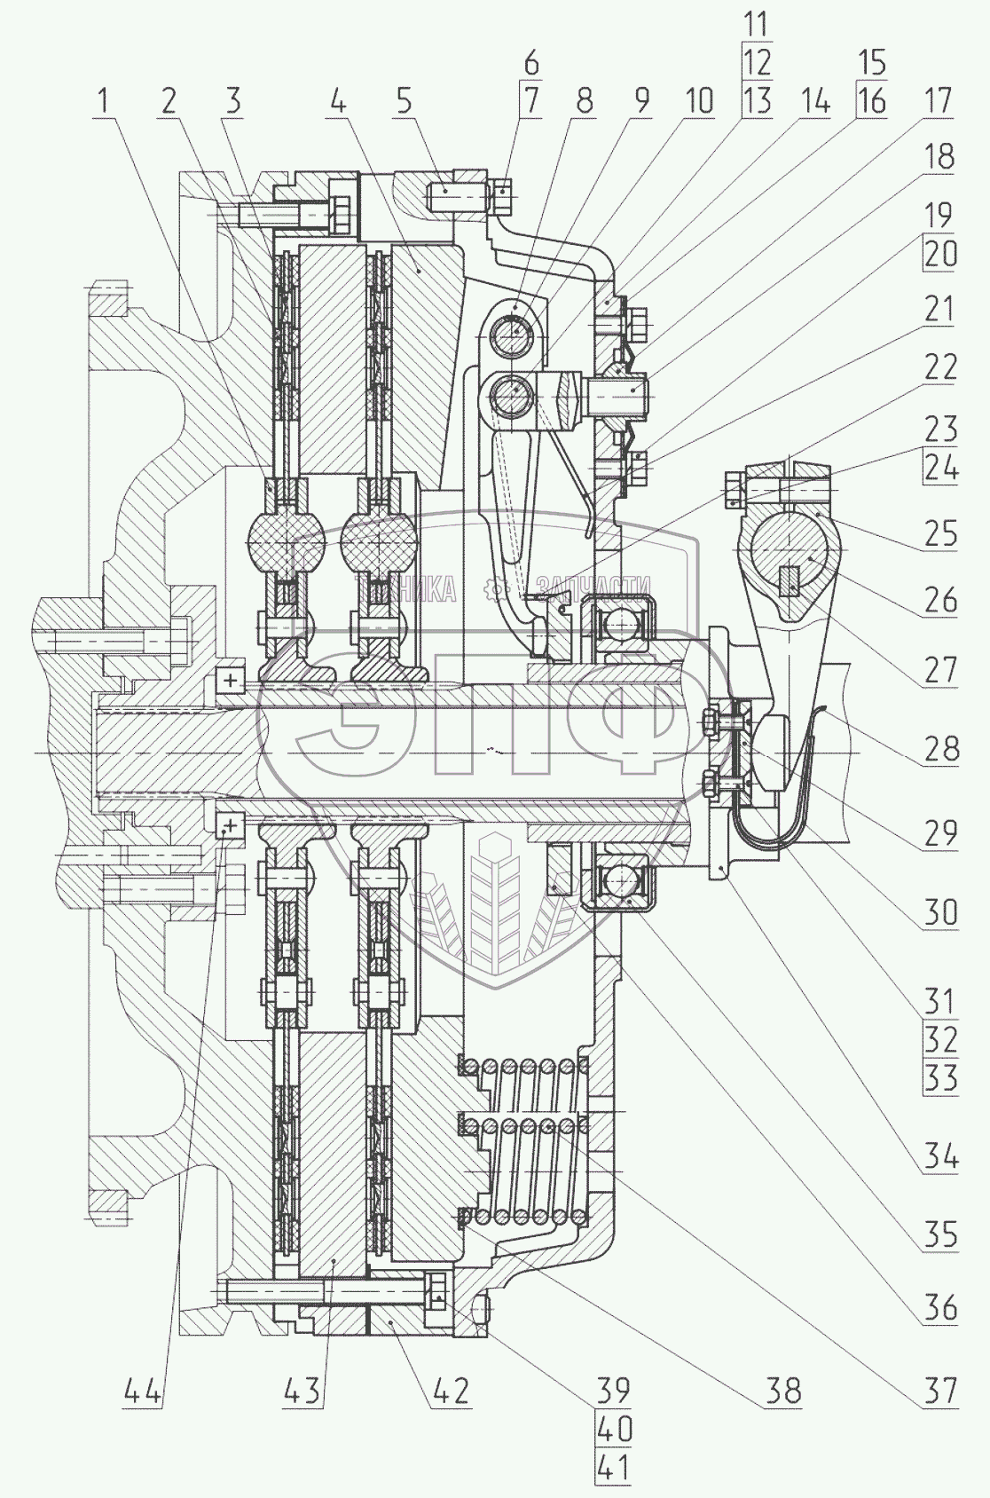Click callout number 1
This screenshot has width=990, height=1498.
point(106,102)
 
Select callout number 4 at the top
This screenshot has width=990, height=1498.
point(338,102)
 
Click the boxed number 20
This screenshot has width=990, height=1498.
point(939,255)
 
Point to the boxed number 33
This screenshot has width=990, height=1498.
point(939,1078)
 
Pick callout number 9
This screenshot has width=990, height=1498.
point(638,102)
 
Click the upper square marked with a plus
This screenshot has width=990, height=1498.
point(231,681)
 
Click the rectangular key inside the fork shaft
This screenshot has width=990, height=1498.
point(790,581)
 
